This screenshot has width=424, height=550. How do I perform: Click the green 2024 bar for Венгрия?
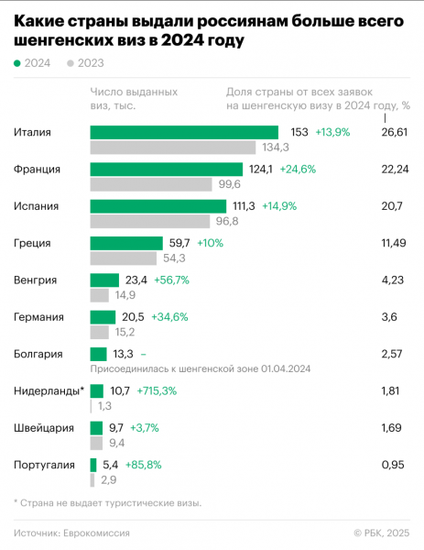point(104,280)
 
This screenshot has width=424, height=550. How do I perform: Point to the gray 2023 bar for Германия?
point(100,332)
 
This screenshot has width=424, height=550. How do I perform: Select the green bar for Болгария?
point(98,354)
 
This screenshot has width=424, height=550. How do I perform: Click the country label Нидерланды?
point(48,391)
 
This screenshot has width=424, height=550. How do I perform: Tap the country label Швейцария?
point(45,428)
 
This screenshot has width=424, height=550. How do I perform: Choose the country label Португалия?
point(45,465)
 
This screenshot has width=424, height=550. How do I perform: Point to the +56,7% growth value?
point(172,280)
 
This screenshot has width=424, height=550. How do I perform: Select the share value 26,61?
point(393,133)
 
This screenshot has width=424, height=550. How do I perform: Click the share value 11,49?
point(393,243)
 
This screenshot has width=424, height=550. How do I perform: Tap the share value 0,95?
point(392,465)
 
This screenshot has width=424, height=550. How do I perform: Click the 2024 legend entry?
point(33,63)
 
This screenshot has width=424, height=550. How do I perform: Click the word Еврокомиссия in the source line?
point(96,533)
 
